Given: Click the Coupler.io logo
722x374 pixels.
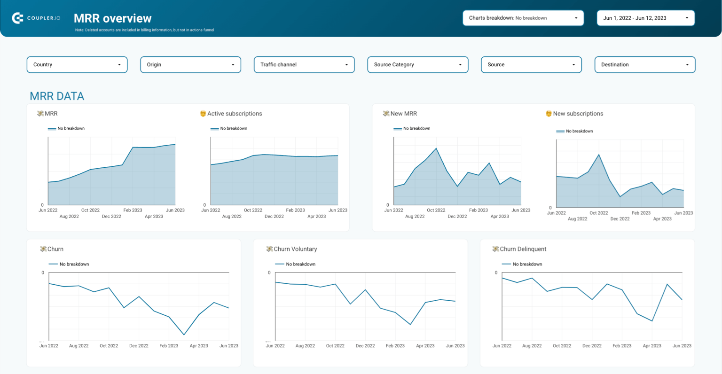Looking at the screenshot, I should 36,18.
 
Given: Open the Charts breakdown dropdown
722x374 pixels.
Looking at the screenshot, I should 523,18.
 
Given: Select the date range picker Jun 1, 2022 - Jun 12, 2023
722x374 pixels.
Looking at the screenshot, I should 645,18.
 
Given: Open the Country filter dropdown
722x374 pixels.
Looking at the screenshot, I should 77,65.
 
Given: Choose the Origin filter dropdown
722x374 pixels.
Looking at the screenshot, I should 190,65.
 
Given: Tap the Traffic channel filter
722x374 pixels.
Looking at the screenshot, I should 304,65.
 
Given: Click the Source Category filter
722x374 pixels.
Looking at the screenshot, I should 417,65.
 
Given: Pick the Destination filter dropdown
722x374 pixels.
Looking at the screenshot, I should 644,65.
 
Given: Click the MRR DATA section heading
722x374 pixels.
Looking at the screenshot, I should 57,96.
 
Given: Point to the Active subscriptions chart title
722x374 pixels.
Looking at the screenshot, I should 234,114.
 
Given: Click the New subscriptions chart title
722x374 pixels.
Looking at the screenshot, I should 578,114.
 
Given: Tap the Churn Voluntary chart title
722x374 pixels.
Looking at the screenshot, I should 295,249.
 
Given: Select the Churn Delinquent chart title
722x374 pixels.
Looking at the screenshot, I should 523,249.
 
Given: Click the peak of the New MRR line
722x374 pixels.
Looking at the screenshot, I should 436,148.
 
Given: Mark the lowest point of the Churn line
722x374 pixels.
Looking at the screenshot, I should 184,335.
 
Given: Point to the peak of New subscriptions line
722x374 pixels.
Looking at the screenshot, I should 599,155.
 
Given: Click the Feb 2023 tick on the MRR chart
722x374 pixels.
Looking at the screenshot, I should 133,210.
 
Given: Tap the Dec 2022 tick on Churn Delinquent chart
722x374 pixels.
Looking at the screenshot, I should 592,346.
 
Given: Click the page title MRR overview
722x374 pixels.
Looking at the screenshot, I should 113,18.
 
